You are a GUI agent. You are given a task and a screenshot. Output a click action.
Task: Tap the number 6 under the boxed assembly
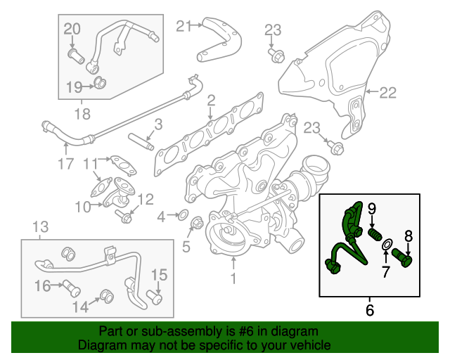371,308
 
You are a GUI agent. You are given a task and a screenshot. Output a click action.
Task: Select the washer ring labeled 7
386,245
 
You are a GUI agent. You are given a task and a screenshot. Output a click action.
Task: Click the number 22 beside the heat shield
388,92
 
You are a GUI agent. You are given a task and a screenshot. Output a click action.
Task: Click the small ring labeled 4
182,214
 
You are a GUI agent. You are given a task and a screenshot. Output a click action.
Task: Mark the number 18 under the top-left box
83,112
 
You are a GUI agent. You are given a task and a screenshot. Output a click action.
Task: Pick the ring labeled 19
101,85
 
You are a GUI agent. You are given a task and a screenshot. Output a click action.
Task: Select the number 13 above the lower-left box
41,227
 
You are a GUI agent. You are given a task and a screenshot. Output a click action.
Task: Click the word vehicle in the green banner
304,345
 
